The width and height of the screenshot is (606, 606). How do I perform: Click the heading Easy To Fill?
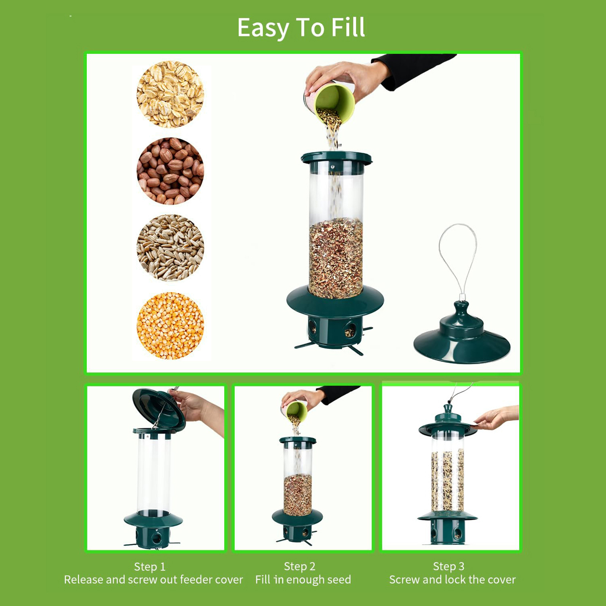(x=301, y=28)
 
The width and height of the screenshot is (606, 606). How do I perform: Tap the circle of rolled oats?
(x=170, y=94)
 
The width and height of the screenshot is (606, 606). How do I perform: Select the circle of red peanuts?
(x=170, y=171)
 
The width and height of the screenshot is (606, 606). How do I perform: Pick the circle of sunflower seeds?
(x=170, y=248)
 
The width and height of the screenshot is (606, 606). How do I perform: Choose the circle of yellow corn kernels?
(x=170, y=326)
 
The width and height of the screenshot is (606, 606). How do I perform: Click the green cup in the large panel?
(x=333, y=103)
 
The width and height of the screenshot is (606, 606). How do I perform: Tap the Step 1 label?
(x=150, y=567)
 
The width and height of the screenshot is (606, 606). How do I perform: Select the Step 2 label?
(x=300, y=566)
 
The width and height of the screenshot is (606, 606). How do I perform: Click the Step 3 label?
(x=448, y=566)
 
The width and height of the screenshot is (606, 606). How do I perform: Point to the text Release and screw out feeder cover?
(x=153, y=579)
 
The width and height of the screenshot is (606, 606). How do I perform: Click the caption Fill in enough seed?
(x=303, y=579)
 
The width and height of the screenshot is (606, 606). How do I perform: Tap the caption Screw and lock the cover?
(x=453, y=579)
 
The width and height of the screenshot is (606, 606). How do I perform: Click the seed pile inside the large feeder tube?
(x=336, y=259)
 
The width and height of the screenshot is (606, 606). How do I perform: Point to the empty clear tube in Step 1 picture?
(x=154, y=475)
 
